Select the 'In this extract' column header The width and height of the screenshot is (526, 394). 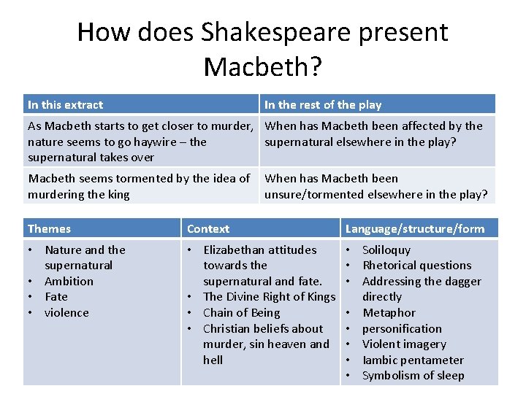pyautogui.click(x=65, y=105)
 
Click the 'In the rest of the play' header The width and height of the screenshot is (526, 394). pyautogui.click(x=323, y=105)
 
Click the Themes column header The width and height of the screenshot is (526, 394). pyautogui.click(x=49, y=229)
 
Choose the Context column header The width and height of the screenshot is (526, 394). pyautogui.click(x=208, y=229)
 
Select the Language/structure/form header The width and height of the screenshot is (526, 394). pyautogui.click(x=414, y=229)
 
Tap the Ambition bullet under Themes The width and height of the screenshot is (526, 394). pyautogui.click(x=69, y=281)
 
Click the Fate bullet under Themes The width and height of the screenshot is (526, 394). pyautogui.click(x=56, y=297)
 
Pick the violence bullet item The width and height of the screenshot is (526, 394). pyautogui.click(x=66, y=313)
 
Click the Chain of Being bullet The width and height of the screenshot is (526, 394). pyautogui.click(x=241, y=313)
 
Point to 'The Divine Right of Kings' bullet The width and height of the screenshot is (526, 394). pyautogui.click(x=268, y=297)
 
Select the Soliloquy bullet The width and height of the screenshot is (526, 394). pyautogui.click(x=386, y=250)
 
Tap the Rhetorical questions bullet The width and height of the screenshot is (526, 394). pyautogui.click(x=416, y=266)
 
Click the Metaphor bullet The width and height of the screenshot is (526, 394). pyautogui.click(x=389, y=313)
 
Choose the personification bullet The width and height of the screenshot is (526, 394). pyautogui.click(x=402, y=329)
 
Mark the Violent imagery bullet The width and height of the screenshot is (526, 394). pyautogui.click(x=404, y=344)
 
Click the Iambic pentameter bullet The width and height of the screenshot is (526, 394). pyautogui.click(x=413, y=360)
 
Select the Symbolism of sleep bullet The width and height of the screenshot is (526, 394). pyautogui.click(x=413, y=376)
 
